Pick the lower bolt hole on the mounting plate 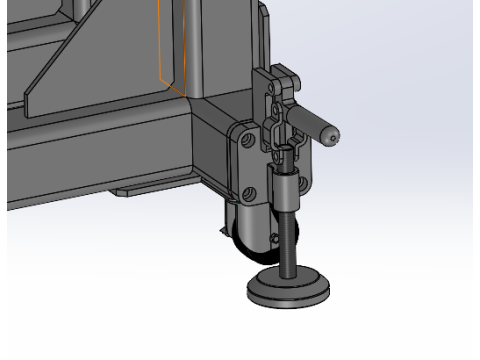[x=244, y=192]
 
